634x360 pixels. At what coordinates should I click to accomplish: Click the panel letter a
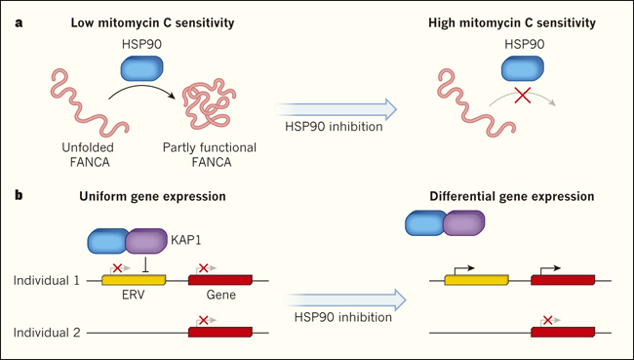[x=19, y=23]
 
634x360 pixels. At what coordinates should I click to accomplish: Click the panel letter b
[x=19, y=196]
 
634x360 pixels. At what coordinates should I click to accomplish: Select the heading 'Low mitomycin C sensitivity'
[x=152, y=22]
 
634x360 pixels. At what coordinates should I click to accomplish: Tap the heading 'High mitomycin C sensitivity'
[x=512, y=22]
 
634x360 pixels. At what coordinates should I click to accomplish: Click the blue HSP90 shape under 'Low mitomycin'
[x=142, y=68]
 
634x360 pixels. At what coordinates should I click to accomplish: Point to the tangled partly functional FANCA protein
[x=209, y=103]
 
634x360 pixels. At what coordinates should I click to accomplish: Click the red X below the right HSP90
[x=523, y=95]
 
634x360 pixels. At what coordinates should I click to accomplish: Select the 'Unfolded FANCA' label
[x=88, y=154]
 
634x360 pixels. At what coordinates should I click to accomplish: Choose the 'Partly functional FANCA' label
[x=210, y=154]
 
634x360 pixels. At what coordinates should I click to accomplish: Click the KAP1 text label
[x=185, y=240]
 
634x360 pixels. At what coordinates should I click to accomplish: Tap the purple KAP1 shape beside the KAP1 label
[x=146, y=241]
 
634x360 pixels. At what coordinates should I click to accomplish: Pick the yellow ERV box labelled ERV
[x=134, y=280]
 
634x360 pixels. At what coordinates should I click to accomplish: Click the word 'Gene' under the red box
[x=220, y=295]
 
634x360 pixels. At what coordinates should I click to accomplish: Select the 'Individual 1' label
[x=47, y=280]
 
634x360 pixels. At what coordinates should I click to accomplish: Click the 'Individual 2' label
[x=47, y=333]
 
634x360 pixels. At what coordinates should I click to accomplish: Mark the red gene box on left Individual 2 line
[x=220, y=332]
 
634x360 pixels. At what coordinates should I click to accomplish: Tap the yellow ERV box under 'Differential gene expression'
[x=476, y=280]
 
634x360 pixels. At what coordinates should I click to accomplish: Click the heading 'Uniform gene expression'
[x=152, y=196]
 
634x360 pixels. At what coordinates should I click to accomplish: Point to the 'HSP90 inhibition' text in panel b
[x=343, y=317]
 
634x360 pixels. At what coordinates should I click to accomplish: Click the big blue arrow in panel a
[x=336, y=109]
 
